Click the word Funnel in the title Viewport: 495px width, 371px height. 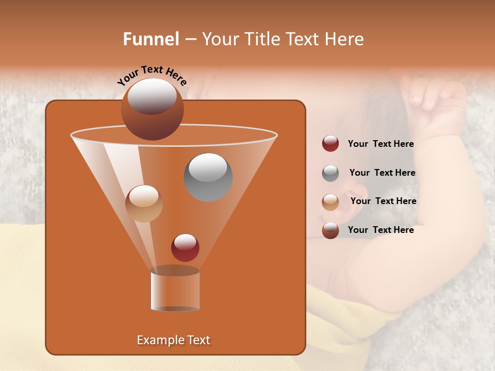[x=151, y=39]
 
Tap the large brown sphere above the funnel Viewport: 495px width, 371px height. [x=152, y=109]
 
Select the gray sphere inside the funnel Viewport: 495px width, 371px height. [x=208, y=177]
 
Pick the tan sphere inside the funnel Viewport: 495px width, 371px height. [x=144, y=204]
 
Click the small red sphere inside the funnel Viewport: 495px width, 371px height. [x=185, y=247]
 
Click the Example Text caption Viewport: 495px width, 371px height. [x=173, y=340]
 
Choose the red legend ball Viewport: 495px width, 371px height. [x=331, y=144]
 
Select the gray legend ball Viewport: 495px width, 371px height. [x=331, y=173]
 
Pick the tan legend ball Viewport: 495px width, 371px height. [x=331, y=201]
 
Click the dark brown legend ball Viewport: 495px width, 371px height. [x=331, y=230]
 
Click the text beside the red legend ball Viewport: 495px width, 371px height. [x=381, y=144]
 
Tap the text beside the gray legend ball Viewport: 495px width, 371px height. [x=382, y=173]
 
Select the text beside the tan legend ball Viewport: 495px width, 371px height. [x=383, y=201]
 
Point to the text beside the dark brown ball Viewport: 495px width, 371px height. [x=381, y=230]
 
